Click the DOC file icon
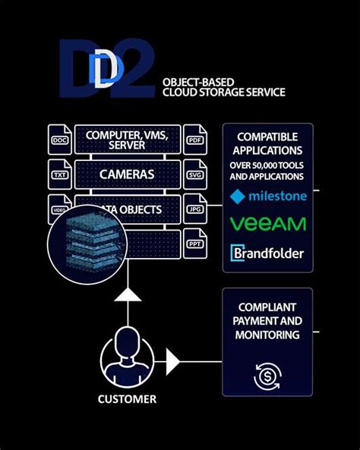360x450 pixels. [x=59, y=140]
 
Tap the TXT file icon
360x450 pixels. [x=59, y=174]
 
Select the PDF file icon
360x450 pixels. [x=195, y=140]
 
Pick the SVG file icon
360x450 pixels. [x=195, y=174]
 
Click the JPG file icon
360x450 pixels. [x=195, y=208]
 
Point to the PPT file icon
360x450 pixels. [x=195, y=243]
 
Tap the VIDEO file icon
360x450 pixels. [x=59, y=208]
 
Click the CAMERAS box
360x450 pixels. [x=127, y=174]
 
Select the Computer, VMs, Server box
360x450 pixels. [x=127, y=140]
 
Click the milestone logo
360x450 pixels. [x=267, y=197]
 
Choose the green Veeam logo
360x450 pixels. [x=267, y=224]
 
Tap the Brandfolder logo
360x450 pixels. [x=267, y=253]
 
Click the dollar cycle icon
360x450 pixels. [x=267, y=373]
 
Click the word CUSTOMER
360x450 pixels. [x=127, y=398]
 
